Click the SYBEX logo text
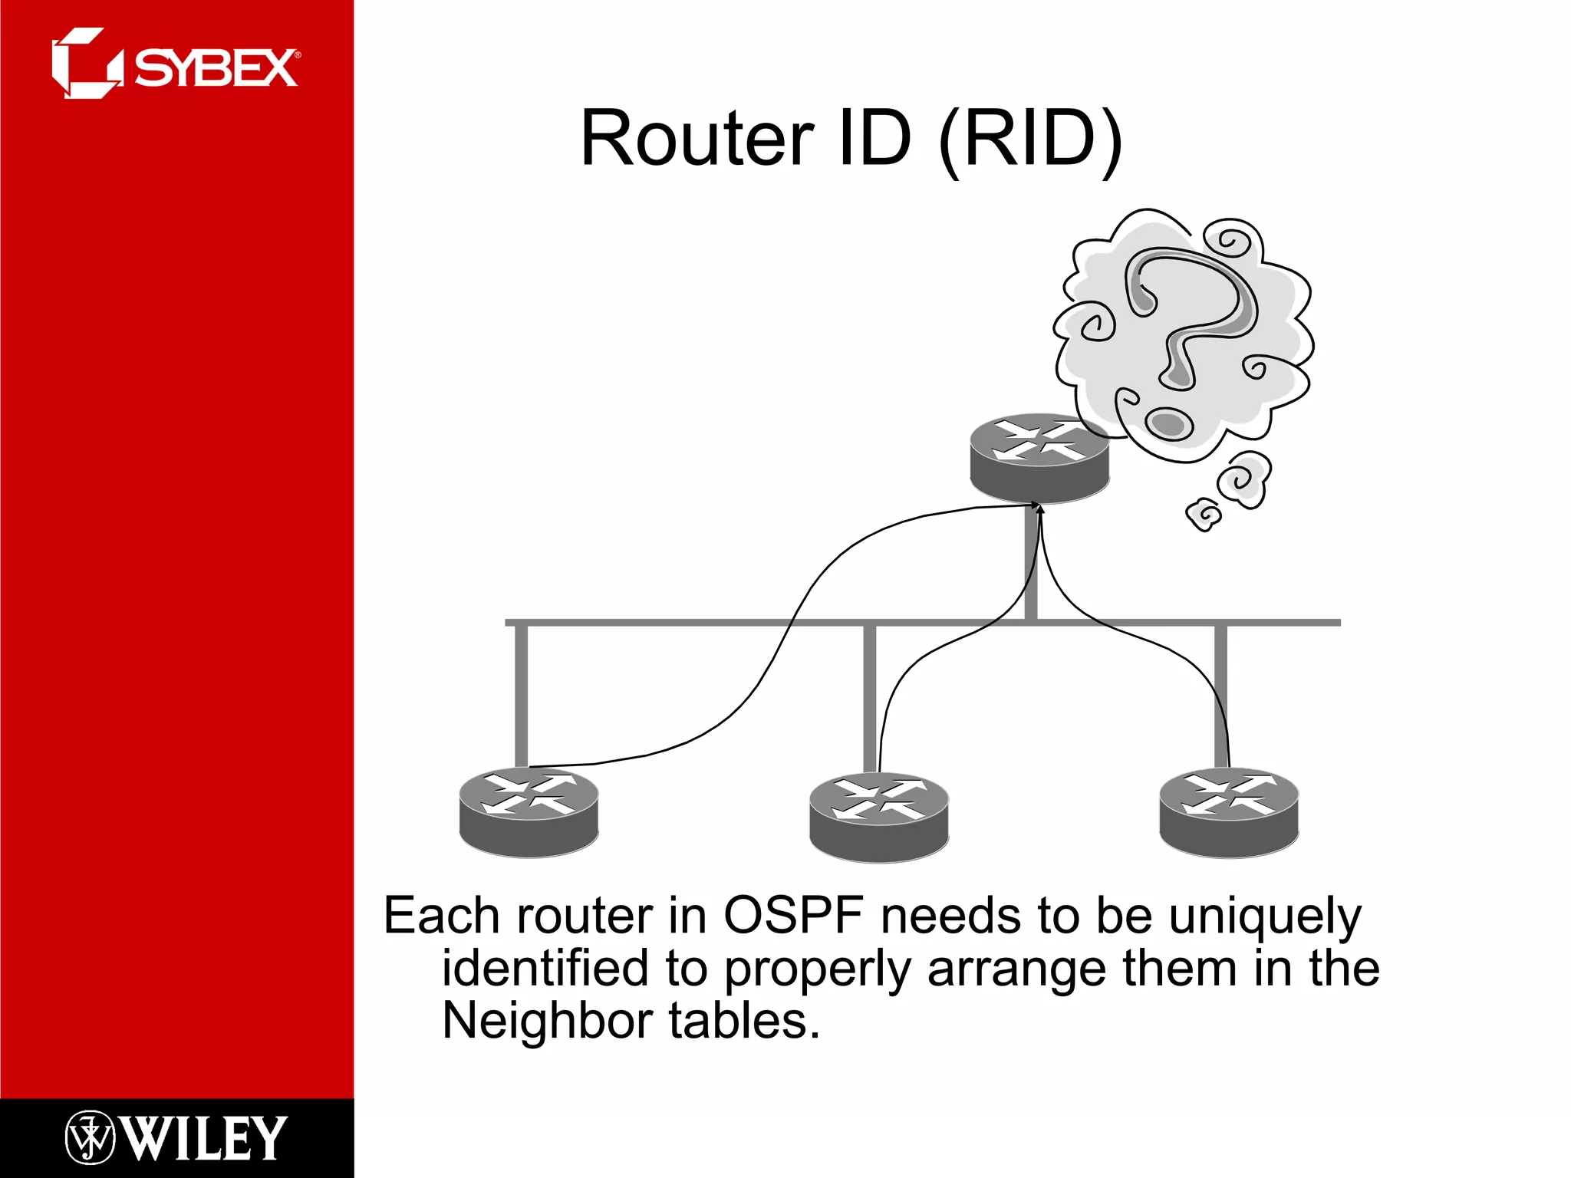216,68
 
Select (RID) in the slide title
1030,140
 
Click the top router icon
1039,458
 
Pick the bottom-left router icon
529,812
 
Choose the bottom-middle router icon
879,818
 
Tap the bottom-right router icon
1229,812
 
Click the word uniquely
1265,916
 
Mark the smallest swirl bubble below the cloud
1204,515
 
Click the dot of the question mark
1169,423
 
